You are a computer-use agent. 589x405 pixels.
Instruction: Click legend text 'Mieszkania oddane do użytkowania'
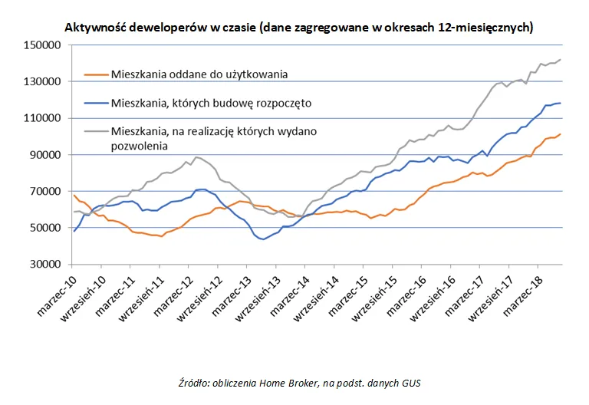pos(199,74)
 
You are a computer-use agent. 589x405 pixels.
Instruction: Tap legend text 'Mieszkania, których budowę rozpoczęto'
pos(211,101)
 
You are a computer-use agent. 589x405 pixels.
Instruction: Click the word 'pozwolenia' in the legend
pos(139,144)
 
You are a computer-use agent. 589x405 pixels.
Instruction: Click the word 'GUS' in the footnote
pos(413,383)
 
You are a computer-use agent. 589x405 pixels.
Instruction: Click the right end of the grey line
pos(561,60)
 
